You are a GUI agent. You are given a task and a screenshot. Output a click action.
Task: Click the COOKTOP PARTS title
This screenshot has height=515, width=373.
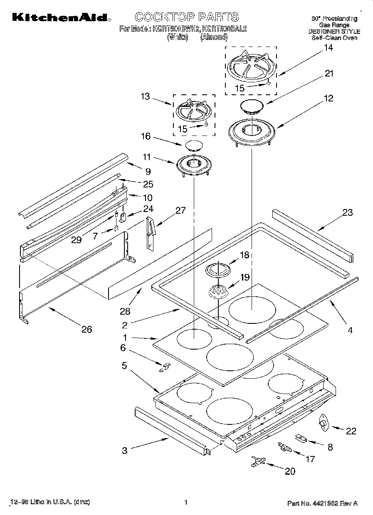click(187, 17)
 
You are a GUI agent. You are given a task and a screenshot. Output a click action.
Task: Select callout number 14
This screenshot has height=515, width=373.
click(328, 48)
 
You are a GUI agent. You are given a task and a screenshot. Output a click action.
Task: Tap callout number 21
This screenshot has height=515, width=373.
click(329, 74)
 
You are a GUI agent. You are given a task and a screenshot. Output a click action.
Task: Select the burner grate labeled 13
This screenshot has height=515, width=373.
click(194, 112)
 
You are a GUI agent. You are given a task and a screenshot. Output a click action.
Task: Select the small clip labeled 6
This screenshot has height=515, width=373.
click(166, 367)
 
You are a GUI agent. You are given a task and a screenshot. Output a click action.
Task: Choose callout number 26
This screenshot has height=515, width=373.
click(86, 330)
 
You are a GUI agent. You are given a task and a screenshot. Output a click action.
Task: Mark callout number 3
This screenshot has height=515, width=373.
click(125, 451)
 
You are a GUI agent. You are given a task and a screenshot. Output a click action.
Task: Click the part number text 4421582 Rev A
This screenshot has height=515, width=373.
click(322, 503)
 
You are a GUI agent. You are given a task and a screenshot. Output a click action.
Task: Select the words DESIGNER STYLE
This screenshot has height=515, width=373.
click(334, 31)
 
